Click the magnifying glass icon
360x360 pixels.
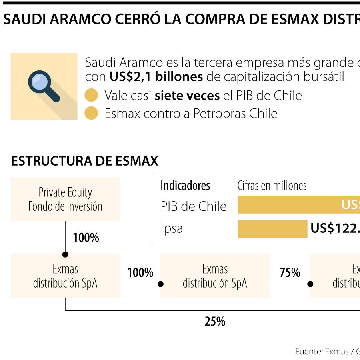(x=43, y=85)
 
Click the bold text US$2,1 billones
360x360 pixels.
(x=156, y=77)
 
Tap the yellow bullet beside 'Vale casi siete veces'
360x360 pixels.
(x=91, y=95)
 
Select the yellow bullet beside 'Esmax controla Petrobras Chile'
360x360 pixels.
(x=91, y=113)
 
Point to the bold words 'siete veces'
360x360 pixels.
(x=187, y=95)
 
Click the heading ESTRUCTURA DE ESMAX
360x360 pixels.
(x=84, y=161)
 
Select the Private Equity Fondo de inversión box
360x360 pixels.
(x=65, y=199)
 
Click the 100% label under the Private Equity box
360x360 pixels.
(x=86, y=238)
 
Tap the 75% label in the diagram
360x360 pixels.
(x=290, y=273)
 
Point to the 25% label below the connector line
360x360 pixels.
(x=215, y=321)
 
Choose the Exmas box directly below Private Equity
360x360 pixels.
(x=65, y=276)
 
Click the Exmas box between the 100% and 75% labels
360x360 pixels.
(x=215, y=276)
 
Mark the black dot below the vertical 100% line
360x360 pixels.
(x=65, y=254)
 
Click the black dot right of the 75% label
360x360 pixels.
(x=310, y=284)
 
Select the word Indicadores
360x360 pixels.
(x=185, y=186)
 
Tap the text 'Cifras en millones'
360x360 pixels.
(x=272, y=186)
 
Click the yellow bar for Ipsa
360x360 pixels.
(x=272, y=229)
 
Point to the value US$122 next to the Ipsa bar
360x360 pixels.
(x=334, y=228)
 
